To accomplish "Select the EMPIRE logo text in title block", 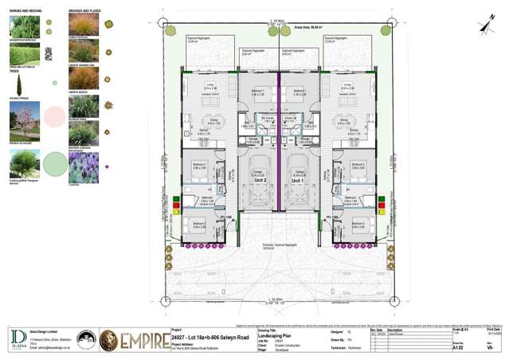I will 143,342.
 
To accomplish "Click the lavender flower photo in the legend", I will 84,167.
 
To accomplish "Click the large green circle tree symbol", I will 54,165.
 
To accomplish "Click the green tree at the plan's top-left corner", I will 170,31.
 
